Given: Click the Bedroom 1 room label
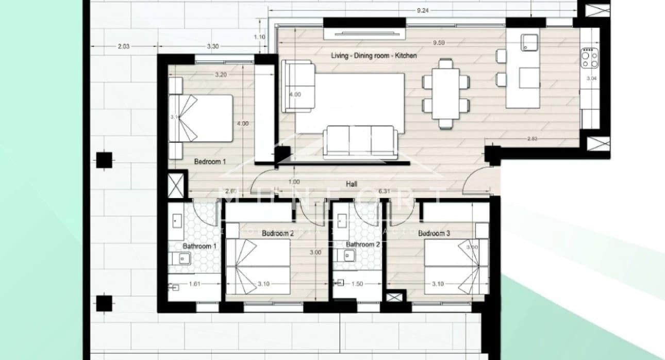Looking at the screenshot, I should [210, 162].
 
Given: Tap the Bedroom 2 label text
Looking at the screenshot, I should [277, 234].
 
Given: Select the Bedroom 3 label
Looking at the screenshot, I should [434, 234].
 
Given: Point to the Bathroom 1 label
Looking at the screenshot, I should [199, 247].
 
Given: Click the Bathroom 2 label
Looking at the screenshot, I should [363, 244].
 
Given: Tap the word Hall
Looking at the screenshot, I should [353, 184].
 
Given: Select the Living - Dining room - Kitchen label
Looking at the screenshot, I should [373, 55].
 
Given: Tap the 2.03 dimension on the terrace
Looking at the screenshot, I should [123, 46].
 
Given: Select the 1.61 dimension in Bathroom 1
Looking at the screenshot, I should [195, 284].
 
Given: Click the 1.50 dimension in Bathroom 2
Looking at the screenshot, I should [357, 284].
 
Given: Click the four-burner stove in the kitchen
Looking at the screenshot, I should [590, 58].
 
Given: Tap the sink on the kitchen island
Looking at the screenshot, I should [528, 42].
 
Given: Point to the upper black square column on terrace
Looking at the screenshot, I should [105, 160].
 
